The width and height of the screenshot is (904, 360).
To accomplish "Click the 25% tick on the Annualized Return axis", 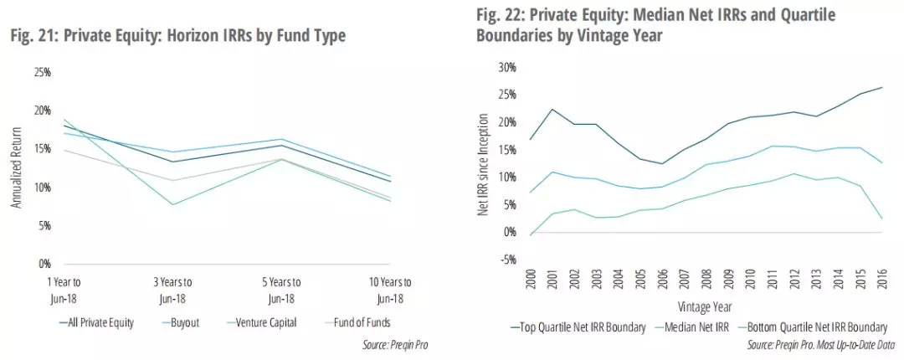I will pos(42,73).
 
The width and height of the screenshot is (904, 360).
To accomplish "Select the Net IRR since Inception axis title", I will pos(483,167).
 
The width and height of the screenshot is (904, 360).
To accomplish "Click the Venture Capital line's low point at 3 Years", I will pos(172,204).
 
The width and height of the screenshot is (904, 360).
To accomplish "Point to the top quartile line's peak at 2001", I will pos(552,109).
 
